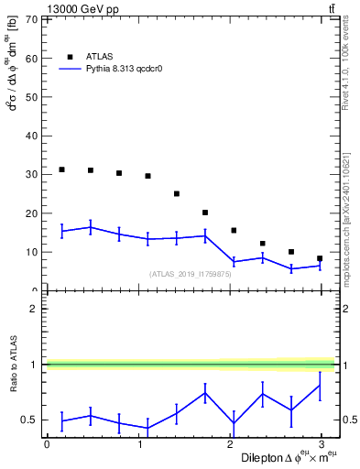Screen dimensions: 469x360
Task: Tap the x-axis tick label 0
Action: pyautogui.click(x=47, y=444)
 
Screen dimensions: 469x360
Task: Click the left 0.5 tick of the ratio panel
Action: pyautogui.click(x=29, y=420)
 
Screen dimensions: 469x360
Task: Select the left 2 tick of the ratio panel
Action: pyautogui.click(x=34, y=309)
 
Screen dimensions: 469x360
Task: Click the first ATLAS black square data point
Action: pyautogui.click(x=61, y=169)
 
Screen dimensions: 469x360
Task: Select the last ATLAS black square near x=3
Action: pyautogui.click(x=320, y=258)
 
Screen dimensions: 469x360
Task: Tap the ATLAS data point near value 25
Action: pyautogui.click(x=177, y=193)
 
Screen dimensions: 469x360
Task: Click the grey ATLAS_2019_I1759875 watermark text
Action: pyautogui.click(x=191, y=273)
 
